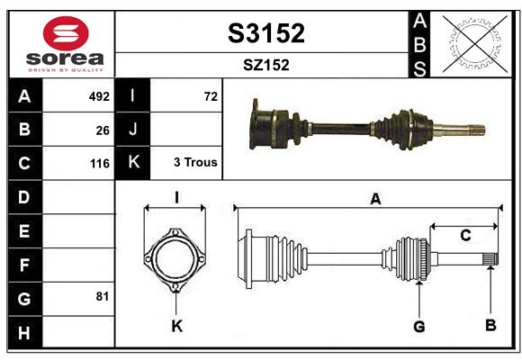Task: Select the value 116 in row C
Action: pos(99,164)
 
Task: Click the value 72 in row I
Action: pos(211,96)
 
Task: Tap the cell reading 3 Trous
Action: pos(195,164)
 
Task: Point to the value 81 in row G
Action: pos(103,296)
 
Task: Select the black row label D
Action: pos(24,197)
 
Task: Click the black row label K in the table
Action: pos(133,163)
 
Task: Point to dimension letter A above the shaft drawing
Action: pos(375,200)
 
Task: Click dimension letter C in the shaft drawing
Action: pos(465,236)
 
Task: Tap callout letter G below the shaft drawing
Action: pos(418,326)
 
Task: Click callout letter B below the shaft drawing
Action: pos(490,326)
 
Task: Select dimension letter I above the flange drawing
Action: pos(176,197)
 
